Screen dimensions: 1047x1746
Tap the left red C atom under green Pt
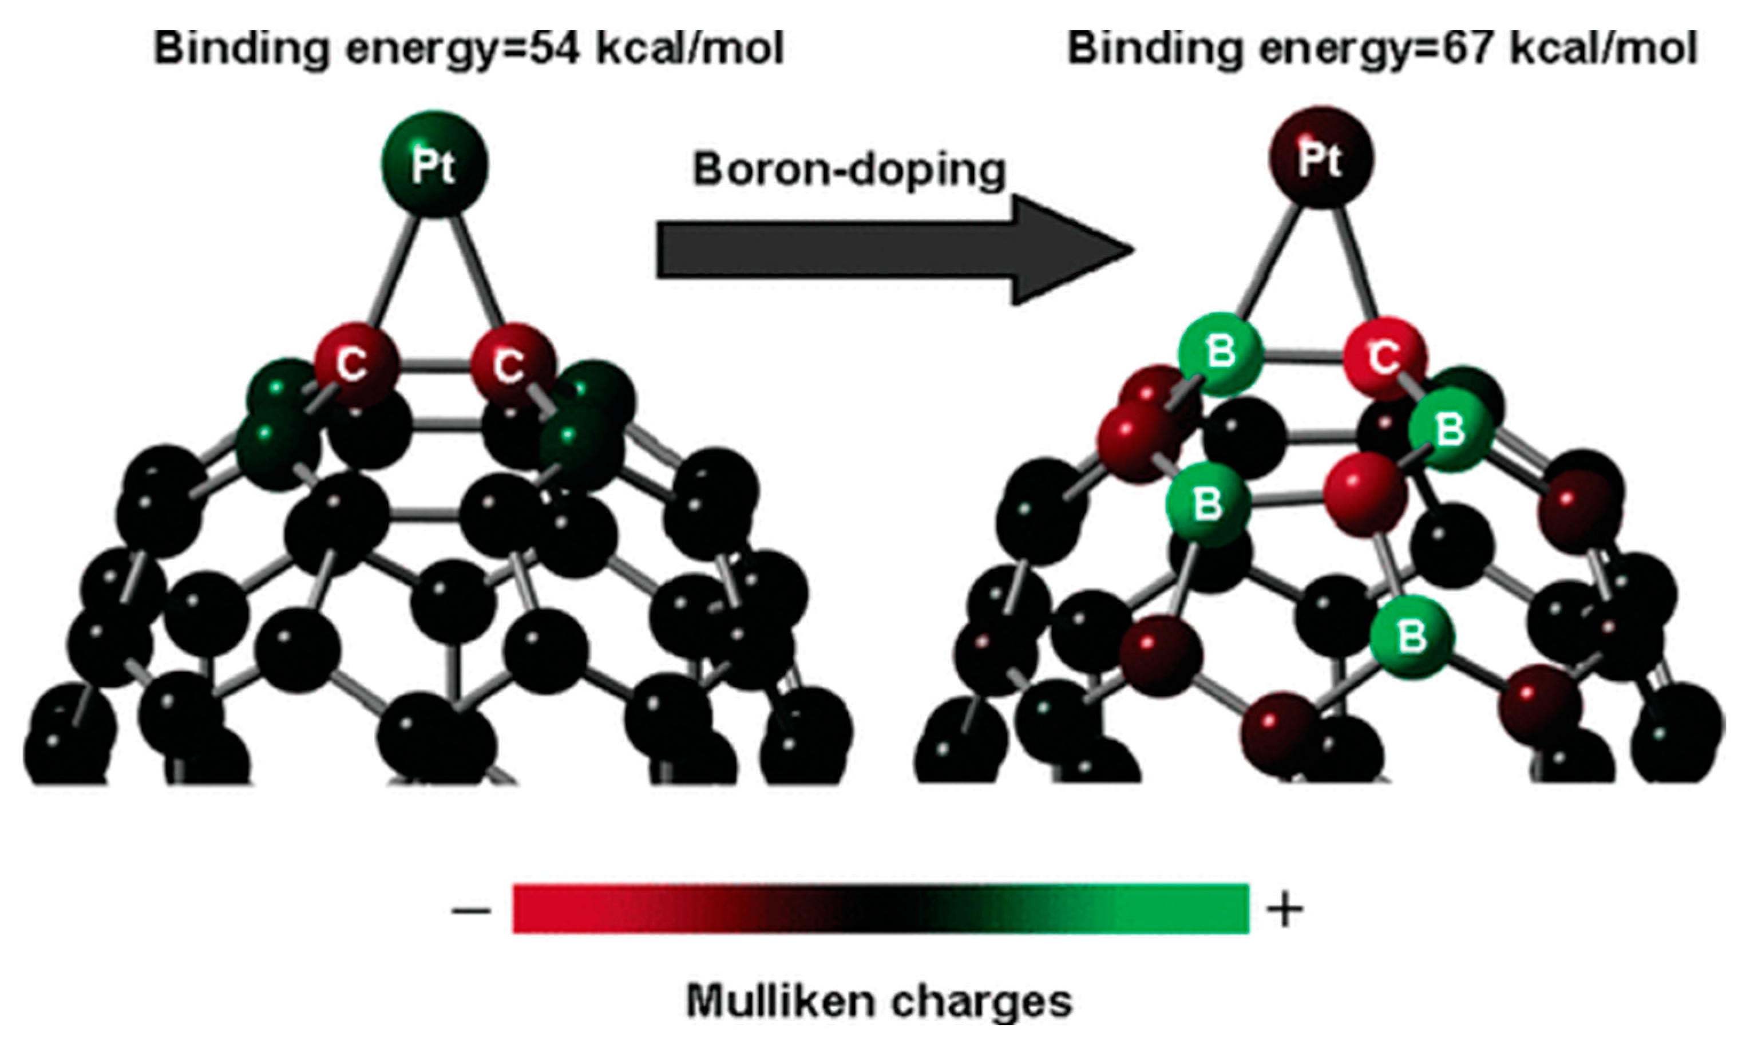[x=355, y=364]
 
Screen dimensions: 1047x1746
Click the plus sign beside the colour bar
[x=1285, y=911]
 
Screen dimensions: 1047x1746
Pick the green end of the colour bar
[x=1213, y=908]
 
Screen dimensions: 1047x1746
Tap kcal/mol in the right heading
[x=1601, y=49]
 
